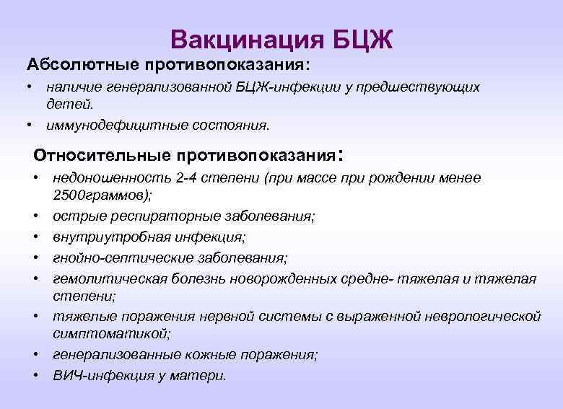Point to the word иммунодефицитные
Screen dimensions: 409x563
coord(103,126)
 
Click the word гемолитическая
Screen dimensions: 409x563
coord(102,278)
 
